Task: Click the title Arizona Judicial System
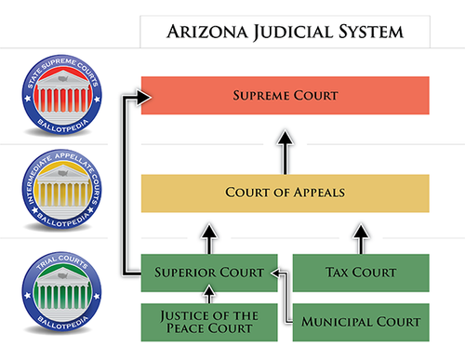pyautogui.click(x=285, y=32)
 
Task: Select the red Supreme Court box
pyautogui.click(x=285, y=95)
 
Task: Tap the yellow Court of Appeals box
pyautogui.click(x=285, y=193)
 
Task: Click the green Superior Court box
pyautogui.click(x=209, y=273)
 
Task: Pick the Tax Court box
pyautogui.click(x=361, y=273)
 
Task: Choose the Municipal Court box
pyautogui.click(x=361, y=322)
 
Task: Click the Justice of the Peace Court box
pyautogui.click(x=209, y=322)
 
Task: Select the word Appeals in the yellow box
pyautogui.click(x=314, y=193)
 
